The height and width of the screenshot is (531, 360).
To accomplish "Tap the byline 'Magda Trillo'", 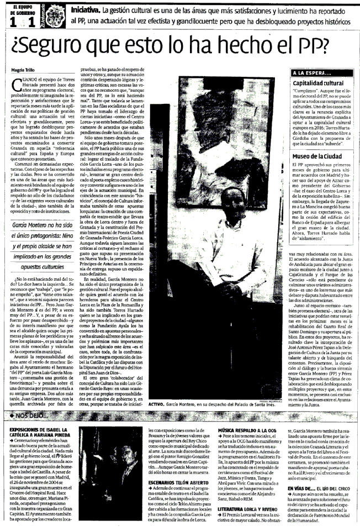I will (x=24, y=70).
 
